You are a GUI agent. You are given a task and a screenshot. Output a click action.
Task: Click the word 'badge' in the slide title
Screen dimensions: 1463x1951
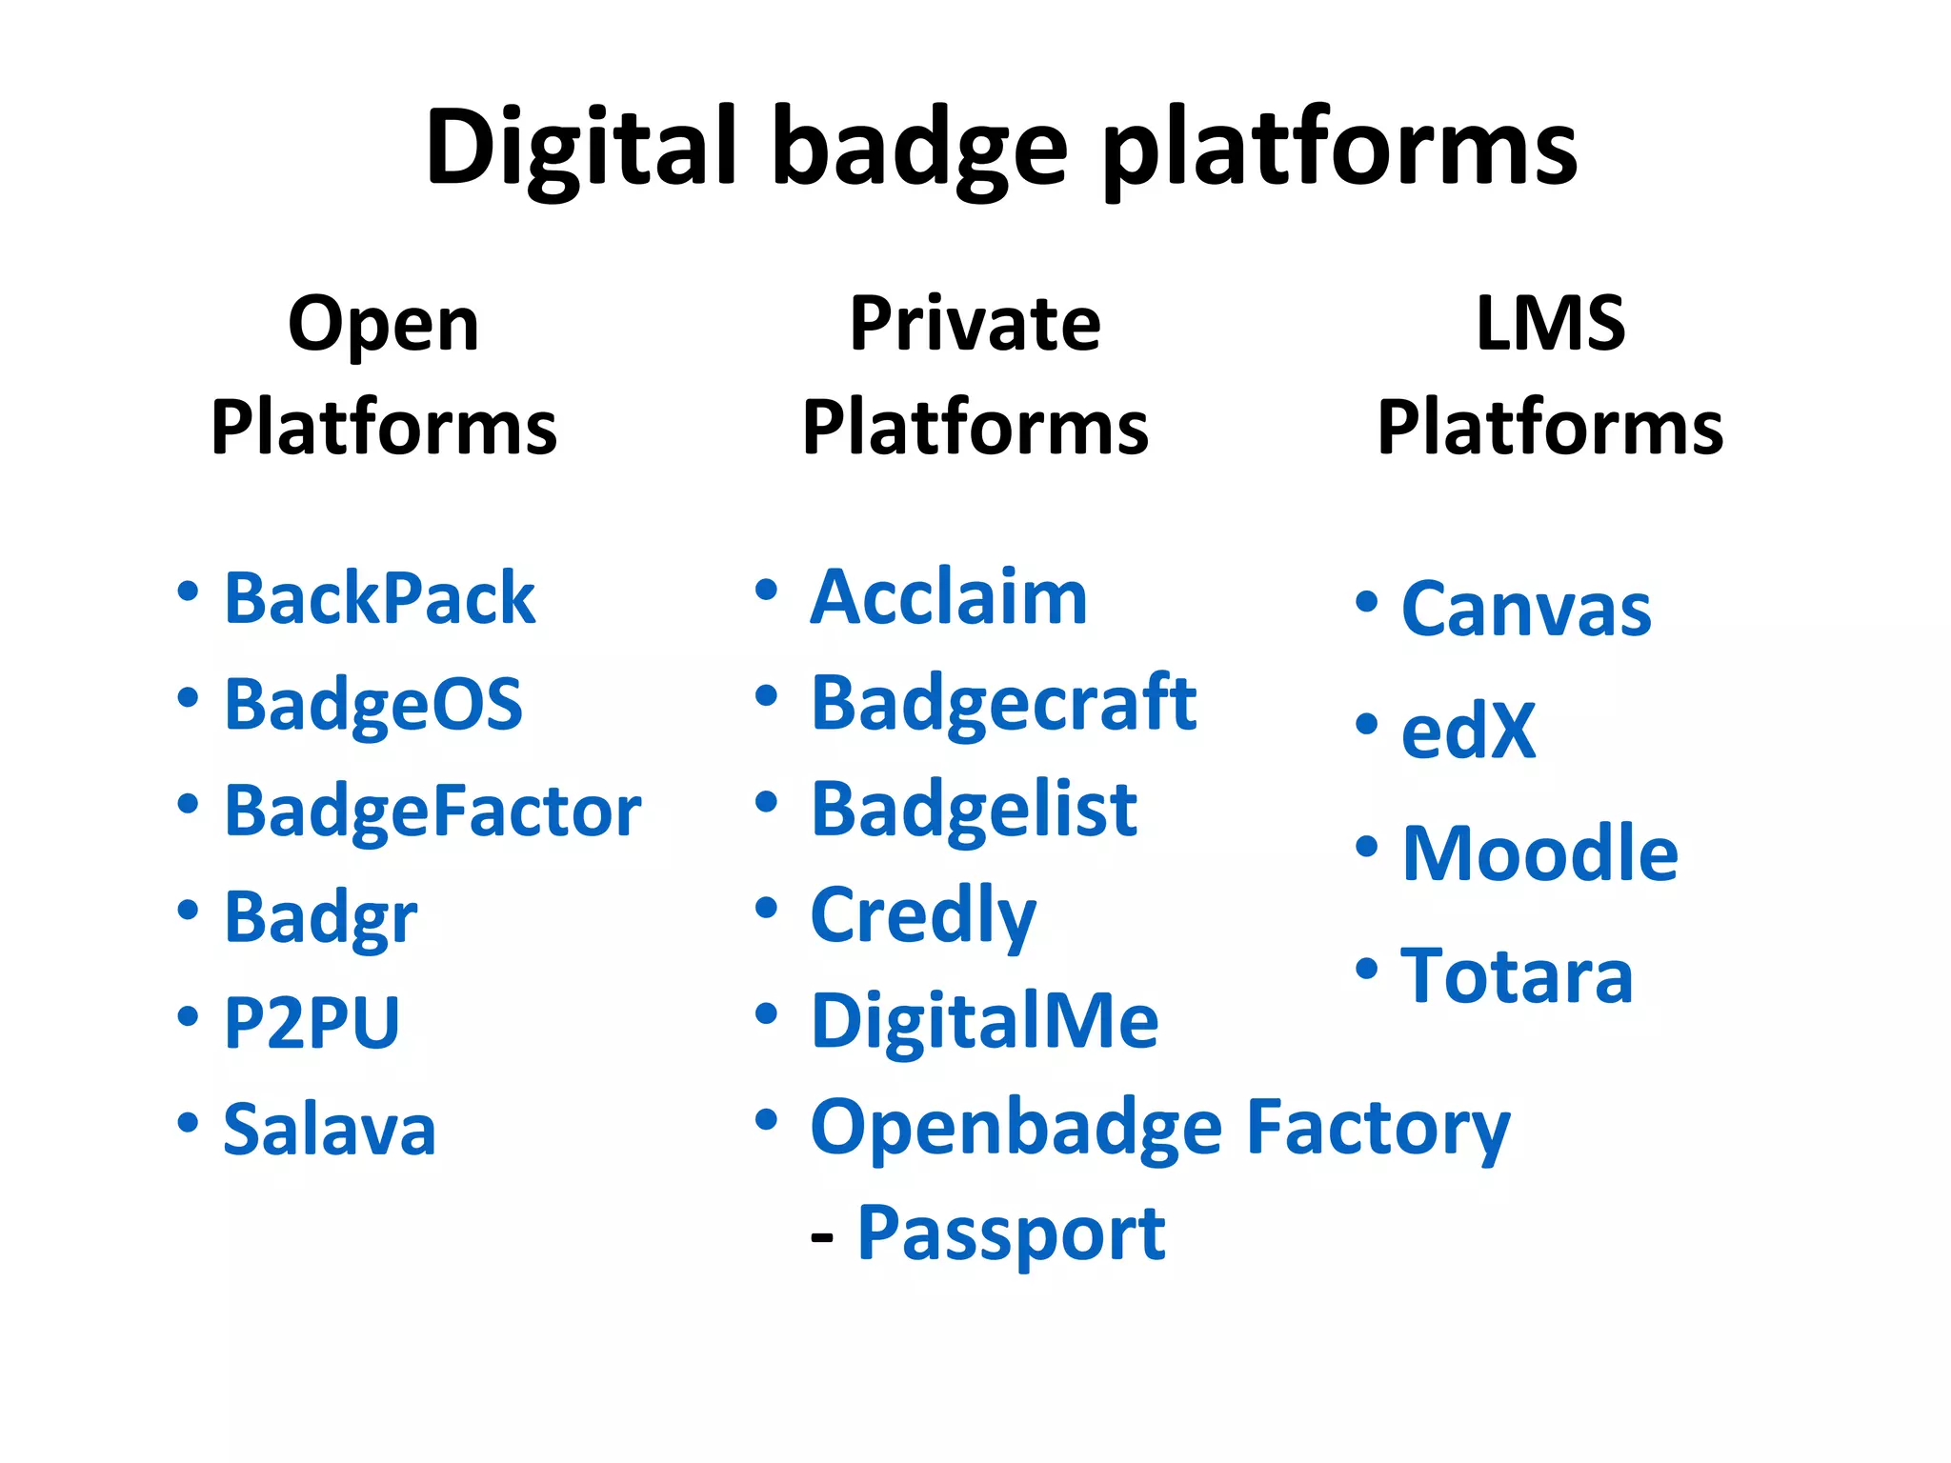(x=919, y=150)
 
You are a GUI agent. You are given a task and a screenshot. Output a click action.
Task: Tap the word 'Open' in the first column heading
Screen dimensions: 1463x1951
(x=383, y=326)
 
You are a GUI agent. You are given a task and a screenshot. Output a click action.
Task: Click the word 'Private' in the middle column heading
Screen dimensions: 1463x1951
(x=975, y=324)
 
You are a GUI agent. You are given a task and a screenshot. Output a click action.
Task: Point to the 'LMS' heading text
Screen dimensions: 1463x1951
(x=1550, y=324)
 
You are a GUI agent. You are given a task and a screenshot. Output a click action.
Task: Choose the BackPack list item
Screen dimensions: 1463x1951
(x=379, y=599)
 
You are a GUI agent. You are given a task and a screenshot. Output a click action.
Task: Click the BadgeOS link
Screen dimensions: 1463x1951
(x=373, y=706)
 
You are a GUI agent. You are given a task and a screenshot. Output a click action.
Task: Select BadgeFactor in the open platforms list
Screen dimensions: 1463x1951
(x=432, y=812)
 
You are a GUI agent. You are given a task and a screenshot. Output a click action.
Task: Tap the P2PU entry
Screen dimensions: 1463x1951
(x=312, y=1023)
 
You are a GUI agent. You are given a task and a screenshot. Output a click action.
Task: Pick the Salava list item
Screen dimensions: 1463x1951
(x=330, y=1130)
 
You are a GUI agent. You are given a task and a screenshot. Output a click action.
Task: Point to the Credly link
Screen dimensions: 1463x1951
(x=922, y=915)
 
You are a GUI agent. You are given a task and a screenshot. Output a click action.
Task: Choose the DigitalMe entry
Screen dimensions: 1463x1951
(x=984, y=1021)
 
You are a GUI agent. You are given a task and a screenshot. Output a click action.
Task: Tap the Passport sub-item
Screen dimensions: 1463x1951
(x=1011, y=1233)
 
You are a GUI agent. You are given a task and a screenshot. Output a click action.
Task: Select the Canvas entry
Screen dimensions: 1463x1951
(x=1526, y=610)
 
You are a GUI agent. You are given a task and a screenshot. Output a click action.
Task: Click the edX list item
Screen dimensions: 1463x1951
(x=1469, y=731)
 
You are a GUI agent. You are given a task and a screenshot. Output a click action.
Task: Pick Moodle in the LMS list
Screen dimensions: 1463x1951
(x=1539, y=853)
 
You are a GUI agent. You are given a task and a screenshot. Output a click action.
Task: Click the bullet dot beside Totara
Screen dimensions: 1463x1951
(x=1367, y=970)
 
